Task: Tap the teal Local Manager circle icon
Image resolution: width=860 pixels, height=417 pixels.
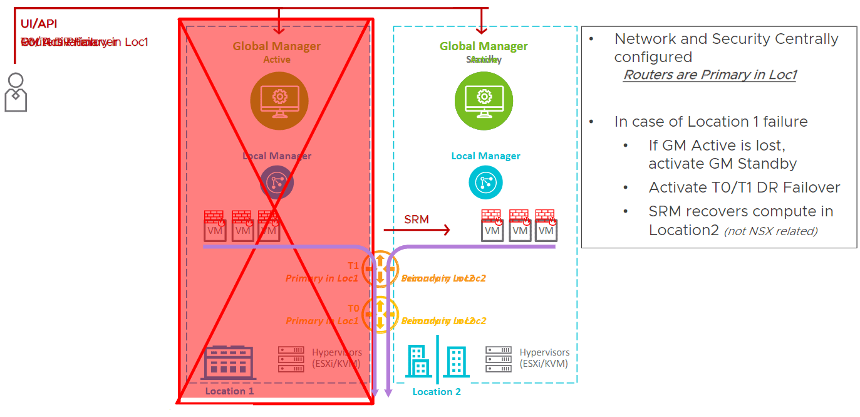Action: click(x=485, y=182)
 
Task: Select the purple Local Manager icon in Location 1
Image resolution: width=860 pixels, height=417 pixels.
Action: click(x=277, y=182)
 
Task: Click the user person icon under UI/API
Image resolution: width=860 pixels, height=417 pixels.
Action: click(x=16, y=92)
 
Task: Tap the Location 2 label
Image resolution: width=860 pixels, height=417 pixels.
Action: click(x=437, y=392)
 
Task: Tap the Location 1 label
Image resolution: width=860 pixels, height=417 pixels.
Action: click(x=229, y=391)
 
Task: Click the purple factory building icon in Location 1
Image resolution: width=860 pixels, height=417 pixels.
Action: click(x=229, y=362)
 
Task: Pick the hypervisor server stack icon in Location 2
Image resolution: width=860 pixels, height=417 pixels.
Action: click(x=498, y=359)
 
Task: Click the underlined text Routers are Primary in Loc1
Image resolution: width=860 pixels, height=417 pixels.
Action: click(x=709, y=75)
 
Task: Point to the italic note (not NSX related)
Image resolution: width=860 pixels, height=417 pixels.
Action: click(x=770, y=231)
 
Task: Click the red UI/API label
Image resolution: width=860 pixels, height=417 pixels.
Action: click(x=39, y=24)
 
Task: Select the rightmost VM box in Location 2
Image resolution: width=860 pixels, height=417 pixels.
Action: click(x=546, y=230)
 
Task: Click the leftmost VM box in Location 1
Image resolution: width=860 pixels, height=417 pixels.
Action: click(x=215, y=230)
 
